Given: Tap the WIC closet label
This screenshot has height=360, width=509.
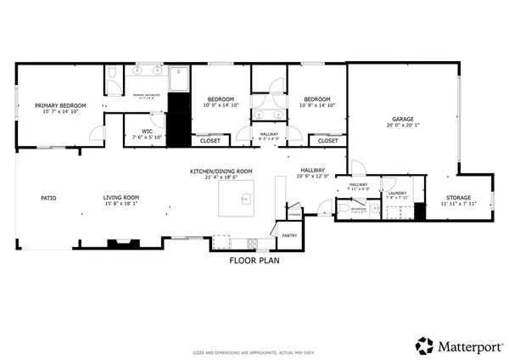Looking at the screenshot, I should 147,132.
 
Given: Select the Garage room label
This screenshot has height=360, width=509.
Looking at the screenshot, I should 402,118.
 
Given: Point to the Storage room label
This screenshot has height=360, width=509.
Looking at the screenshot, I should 459,198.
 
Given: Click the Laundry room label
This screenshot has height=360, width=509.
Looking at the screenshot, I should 397,193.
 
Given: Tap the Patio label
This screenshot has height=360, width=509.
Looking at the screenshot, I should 48,198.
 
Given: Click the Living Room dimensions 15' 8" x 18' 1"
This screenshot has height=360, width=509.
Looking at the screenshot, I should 121,204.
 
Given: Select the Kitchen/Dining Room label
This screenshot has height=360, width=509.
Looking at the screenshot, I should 222,172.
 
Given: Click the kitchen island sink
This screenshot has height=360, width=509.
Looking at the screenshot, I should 244,200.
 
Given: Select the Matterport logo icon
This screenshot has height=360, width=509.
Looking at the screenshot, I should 424,346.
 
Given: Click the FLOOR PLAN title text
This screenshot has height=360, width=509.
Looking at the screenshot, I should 255,261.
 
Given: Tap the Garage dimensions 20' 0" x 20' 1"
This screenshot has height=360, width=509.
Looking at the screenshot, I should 402,125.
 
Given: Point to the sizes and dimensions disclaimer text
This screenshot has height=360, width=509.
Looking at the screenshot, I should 255,351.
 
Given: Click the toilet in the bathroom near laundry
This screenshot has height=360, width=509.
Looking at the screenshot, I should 341,206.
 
